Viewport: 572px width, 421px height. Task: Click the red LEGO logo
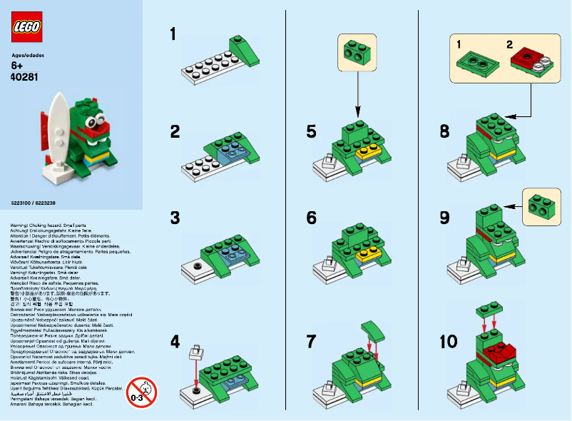(27, 27)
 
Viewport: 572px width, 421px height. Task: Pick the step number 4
(175, 341)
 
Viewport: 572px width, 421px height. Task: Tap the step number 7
(311, 341)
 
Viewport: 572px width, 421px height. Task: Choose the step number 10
(449, 341)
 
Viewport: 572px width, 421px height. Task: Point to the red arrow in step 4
(194, 373)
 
